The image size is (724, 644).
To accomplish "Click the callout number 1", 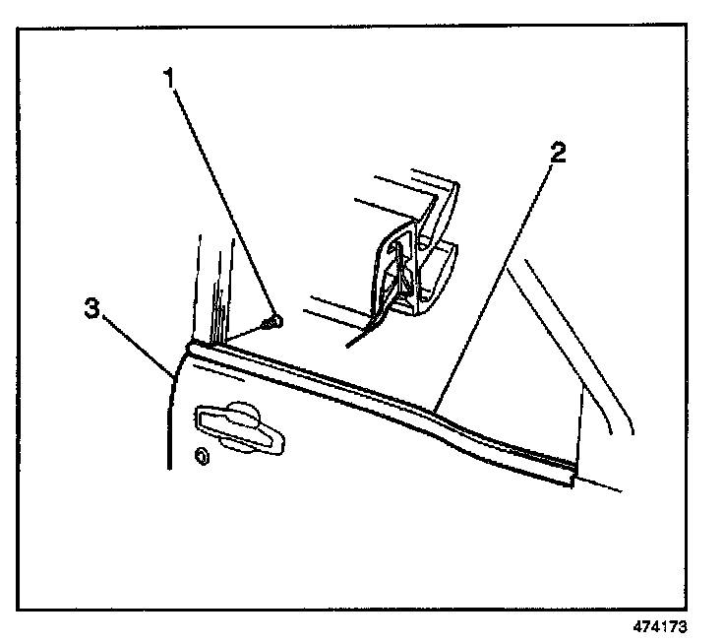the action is coord(174,76).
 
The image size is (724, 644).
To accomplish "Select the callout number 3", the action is coord(90,308).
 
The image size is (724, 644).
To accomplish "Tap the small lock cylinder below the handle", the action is coord(201,457).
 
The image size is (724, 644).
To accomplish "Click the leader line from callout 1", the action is coord(224,197).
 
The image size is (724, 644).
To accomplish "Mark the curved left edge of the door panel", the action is coord(172,414).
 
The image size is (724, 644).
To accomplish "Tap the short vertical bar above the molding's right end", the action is coord(579,423).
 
